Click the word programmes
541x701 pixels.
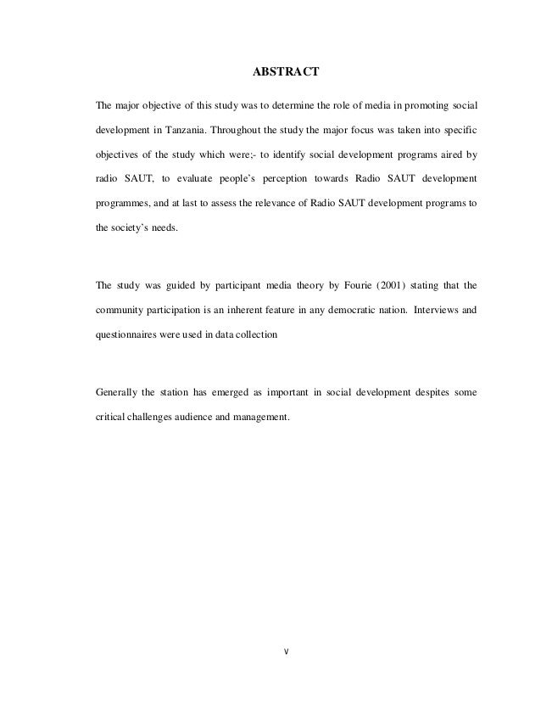coord(123,205)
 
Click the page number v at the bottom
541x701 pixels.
coord(286,653)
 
